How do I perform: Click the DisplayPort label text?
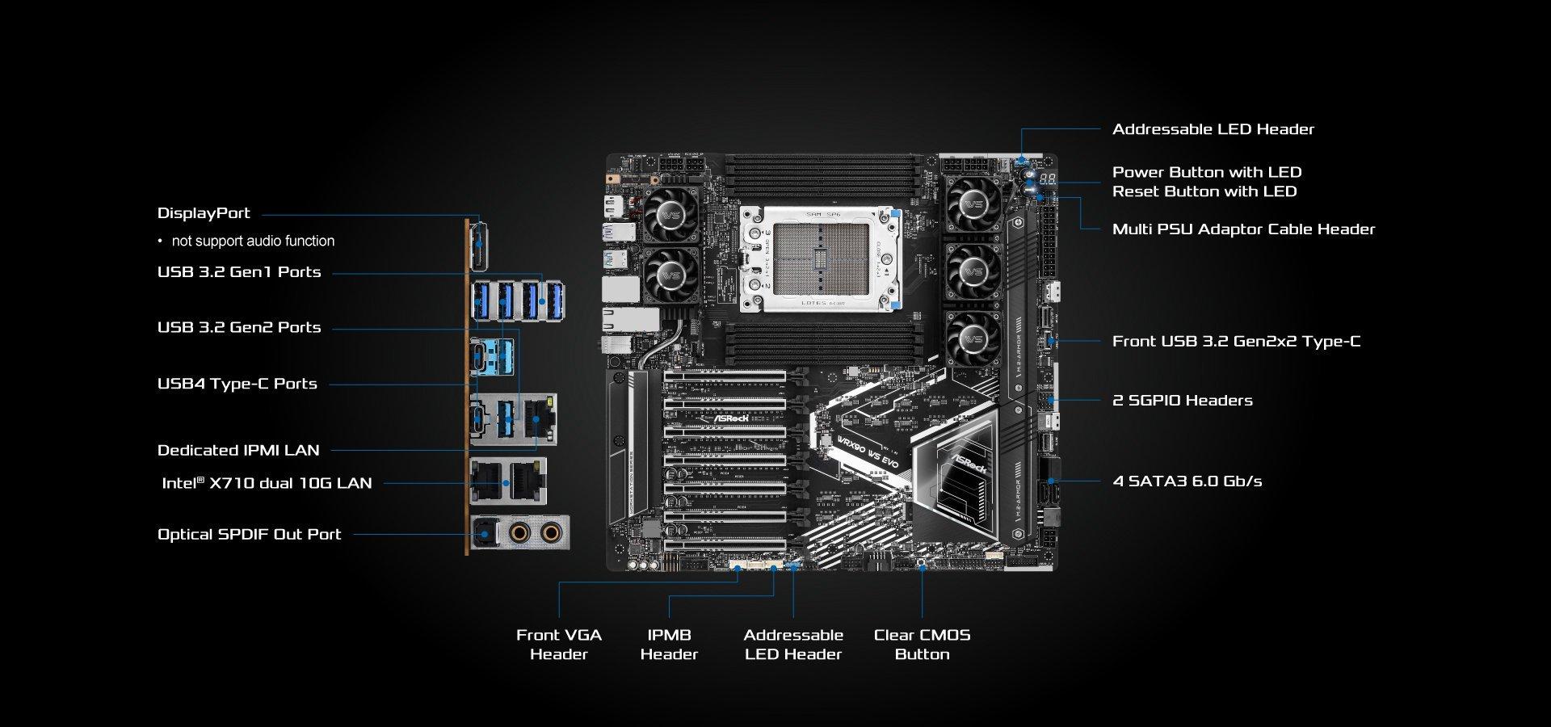pos(204,213)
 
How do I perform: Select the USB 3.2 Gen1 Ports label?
pos(239,272)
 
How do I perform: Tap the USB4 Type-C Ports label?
pos(237,384)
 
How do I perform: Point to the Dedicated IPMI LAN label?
pos(238,450)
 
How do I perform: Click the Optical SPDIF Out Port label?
pos(250,534)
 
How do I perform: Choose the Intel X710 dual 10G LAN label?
pos(267,483)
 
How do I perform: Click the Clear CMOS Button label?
pos(922,645)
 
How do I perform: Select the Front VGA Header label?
pos(559,645)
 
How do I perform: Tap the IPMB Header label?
pos(669,645)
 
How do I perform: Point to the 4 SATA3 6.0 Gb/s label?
pos(1187,481)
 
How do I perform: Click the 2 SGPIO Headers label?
pos(1183,401)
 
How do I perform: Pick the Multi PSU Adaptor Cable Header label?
pos(1244,229)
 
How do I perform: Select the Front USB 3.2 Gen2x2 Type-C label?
pos(1237,342)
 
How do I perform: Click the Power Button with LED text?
pos(1207,172)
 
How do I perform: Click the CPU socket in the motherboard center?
pos(821,259)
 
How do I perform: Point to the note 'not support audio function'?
pos(253,241)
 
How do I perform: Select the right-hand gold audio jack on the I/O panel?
pos(551,532)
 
